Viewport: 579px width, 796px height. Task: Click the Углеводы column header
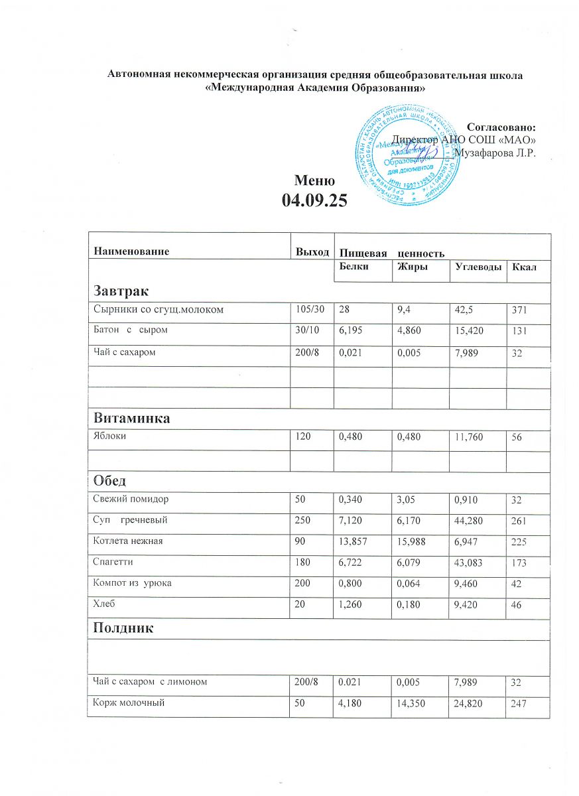[x=476, y=267]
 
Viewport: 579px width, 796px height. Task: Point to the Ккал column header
[x=523, y=267]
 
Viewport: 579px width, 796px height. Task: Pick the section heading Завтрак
[x=121, y=291]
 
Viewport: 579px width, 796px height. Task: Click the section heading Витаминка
[x=132, y=419]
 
